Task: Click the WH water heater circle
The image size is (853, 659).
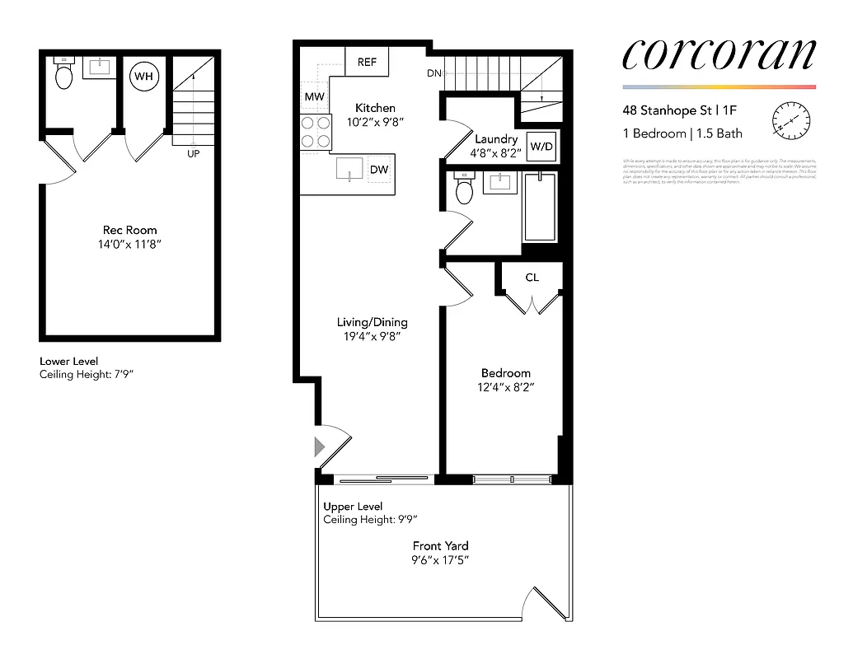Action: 144,77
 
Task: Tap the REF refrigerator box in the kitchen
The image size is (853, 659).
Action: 367,62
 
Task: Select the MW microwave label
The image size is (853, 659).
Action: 314,97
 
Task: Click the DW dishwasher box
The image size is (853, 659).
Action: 379,170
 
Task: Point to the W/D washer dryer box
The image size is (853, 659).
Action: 541,147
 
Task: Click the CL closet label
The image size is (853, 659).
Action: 532,278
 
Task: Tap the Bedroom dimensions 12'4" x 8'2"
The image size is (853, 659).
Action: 507,387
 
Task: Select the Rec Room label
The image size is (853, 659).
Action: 129,230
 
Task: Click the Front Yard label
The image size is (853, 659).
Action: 441,545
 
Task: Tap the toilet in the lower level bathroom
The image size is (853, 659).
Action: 64,76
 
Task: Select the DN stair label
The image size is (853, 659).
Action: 434,74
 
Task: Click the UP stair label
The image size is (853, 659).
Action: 194,153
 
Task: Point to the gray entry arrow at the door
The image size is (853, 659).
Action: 320,447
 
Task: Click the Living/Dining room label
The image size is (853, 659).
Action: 372,322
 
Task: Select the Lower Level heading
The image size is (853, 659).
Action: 69,362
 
